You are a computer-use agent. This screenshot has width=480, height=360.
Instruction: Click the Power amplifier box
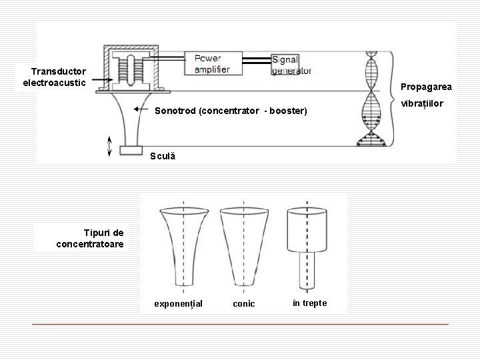213,63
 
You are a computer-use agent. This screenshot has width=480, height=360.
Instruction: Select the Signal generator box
292,64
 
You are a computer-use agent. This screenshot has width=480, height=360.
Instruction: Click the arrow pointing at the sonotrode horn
141,109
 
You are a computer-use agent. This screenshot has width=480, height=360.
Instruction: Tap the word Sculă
162,155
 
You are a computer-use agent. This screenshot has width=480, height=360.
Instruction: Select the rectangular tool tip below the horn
131,151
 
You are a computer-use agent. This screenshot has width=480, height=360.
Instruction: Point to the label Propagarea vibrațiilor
426,95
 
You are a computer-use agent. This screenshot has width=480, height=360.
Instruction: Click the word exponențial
178,304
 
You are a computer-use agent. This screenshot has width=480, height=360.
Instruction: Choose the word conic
243,304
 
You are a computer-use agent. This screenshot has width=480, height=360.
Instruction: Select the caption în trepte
310,303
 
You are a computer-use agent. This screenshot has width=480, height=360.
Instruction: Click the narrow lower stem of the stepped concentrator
307,274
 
